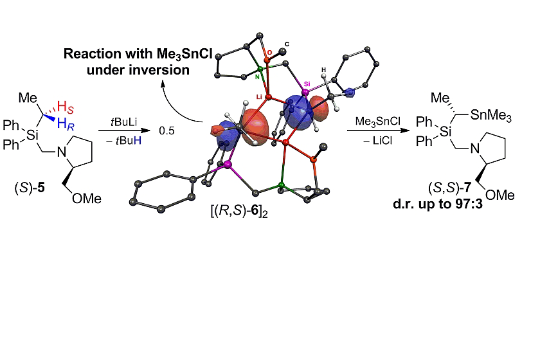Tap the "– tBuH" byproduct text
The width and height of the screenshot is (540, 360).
(122, 140)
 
